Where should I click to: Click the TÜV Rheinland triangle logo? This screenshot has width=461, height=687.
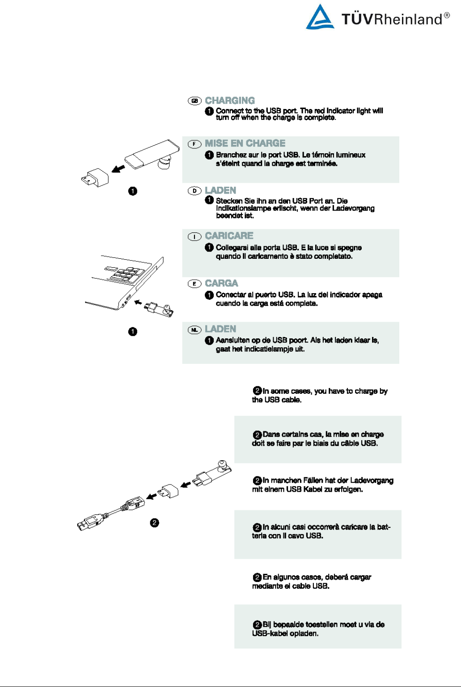point(320,18)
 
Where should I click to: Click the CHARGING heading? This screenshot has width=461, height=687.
point(230,101)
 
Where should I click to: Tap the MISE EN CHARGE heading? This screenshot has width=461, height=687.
point(245,143)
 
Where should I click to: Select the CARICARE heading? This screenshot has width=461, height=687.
point(229,236)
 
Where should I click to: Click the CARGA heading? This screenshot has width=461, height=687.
point(221,283)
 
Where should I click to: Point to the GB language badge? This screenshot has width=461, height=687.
point(195,101)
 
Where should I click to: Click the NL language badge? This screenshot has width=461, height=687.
point(195,330)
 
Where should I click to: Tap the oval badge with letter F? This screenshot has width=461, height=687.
point(195,144)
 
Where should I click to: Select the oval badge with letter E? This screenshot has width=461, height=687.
point(195,284)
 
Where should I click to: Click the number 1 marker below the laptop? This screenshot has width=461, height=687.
point(132,332)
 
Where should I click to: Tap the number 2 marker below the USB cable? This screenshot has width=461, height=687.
point(154,523)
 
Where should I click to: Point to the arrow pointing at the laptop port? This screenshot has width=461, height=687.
point(139,303)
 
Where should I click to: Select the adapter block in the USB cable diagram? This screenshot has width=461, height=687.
point(169,491)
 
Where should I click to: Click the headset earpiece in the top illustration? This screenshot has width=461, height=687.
point(165,164)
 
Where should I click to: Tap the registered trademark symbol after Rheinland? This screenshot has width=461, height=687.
point(447,16)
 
